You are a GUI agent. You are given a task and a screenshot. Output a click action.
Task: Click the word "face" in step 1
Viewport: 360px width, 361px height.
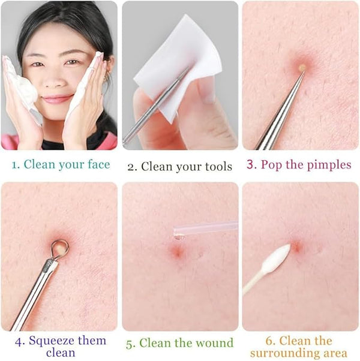pyautogui.click(x=99, y=164)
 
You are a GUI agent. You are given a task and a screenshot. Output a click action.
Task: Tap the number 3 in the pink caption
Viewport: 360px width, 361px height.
pyautogui.click(x=251, y=165)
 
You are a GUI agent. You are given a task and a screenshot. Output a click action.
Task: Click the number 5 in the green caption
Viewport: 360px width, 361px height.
pyautogui.click(x=130, y=344)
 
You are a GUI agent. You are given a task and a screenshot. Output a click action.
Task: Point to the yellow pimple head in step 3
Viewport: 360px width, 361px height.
pyautogui.click(x=302, y=67)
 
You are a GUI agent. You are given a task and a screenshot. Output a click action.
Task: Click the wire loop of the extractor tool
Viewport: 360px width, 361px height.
pyautogui.click(x=60, y=249)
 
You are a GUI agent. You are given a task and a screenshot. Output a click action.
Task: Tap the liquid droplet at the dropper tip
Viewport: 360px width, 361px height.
pyautogui.click(x=179, y=237)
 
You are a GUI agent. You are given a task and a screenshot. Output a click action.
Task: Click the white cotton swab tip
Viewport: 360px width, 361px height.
pyautogui.click(x=276, y=256)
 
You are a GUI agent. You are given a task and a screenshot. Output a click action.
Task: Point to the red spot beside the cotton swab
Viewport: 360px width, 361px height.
pyautogui.click(x=296, y=246)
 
